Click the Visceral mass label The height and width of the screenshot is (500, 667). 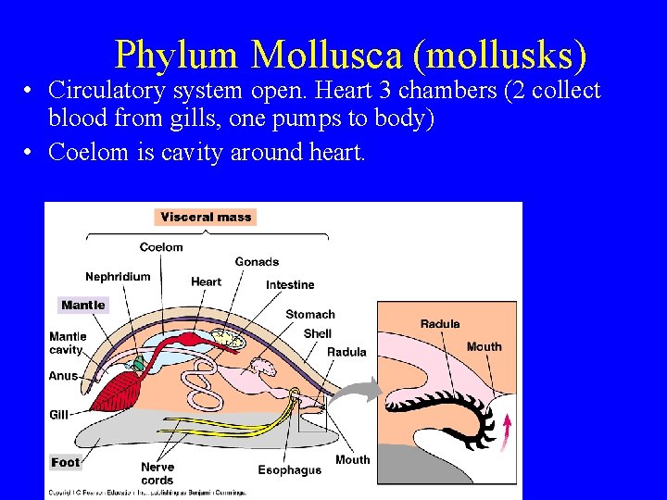206,217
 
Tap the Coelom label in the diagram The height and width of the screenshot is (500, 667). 161,247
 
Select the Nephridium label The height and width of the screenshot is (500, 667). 118,276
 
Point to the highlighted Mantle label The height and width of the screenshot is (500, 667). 83,305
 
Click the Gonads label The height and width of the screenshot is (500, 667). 257,262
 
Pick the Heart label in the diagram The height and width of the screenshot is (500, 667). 206,281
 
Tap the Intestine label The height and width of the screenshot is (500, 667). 290,284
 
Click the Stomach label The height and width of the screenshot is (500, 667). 310,314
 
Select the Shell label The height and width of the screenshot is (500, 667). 317,333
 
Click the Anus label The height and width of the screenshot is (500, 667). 63,376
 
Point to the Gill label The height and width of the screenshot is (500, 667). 59,415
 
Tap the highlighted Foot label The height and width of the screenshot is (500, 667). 66,461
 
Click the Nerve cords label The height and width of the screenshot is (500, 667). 157,473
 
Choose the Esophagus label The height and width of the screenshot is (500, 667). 289,470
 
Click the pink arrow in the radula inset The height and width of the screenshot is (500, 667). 506,432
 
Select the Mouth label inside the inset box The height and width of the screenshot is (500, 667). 484,346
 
